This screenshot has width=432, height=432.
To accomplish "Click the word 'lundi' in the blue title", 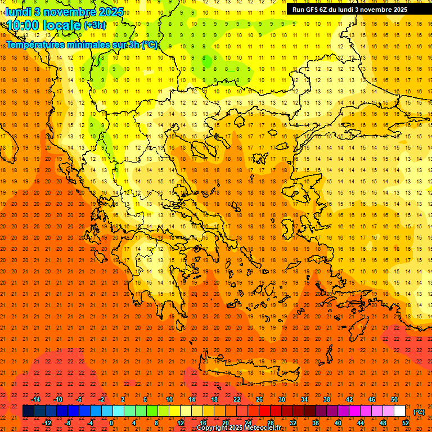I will click(19, 11).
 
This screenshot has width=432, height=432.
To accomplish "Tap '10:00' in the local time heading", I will click(25, 25).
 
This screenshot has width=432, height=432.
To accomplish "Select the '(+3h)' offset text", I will click(94, 25).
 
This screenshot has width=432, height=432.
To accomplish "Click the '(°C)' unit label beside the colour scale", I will click(418, 411).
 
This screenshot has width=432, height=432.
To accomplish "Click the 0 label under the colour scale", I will click(111, 423).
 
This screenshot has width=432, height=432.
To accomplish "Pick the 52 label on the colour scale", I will click(406, 423).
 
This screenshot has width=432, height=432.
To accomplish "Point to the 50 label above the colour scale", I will click(394, 399).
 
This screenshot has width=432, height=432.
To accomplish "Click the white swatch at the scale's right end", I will click(400, 411).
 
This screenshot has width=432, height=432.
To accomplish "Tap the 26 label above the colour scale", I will click(259, 399).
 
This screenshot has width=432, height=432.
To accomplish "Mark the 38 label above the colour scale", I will click(327, 399).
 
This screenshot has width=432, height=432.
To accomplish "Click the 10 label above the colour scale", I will click(169, 399).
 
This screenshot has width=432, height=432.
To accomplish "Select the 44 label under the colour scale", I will click(361, 423).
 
